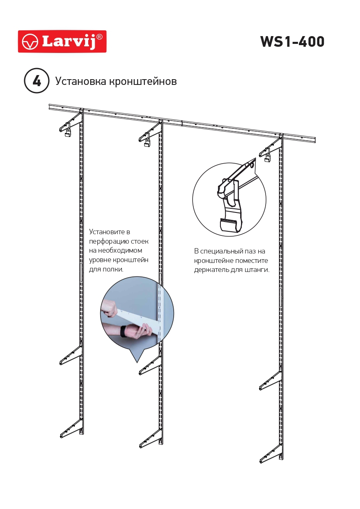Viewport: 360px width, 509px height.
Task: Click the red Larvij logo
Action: (62, 41)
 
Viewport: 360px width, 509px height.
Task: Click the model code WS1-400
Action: (292, 41)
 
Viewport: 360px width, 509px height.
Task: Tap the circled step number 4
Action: (37, 81)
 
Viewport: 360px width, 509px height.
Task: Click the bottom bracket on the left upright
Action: (71, 429)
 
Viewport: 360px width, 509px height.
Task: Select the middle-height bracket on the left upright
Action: (71, 355)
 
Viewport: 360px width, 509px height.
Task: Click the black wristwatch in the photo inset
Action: (123, 331)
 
